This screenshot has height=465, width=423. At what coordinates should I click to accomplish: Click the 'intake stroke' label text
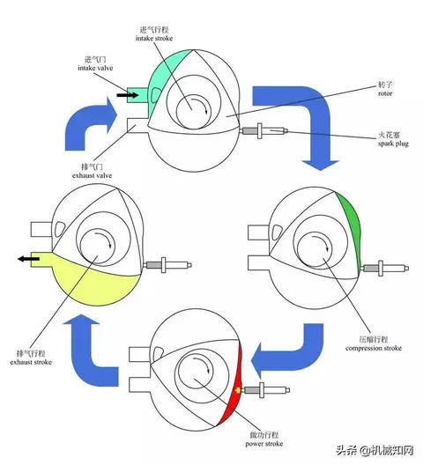tap(154, 38)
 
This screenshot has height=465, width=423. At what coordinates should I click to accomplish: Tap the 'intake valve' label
tap(95, 68)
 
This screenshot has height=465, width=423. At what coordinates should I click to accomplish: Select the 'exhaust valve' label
tap(92, 175)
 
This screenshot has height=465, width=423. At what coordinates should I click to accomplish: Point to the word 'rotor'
tap(385, 93)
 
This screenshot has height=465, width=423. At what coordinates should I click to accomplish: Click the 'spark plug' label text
tap(393, 144)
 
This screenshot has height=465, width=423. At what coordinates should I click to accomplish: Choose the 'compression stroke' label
tap(374, 348)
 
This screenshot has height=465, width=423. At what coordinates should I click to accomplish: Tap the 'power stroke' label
tap(264, 444)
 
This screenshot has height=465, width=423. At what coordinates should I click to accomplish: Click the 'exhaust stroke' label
tap(31, 362)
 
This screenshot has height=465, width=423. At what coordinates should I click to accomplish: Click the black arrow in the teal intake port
tap(128, 95)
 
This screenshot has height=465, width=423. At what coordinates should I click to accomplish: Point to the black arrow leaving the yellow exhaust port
tap(28, 259)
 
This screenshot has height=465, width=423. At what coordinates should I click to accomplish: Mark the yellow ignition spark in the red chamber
tap(237, 390)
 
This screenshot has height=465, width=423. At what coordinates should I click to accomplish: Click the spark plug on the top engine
tap(263, 130)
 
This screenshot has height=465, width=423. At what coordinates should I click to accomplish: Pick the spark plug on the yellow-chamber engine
tap(167, 265)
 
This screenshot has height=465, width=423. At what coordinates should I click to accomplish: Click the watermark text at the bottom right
tap(375, 451)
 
